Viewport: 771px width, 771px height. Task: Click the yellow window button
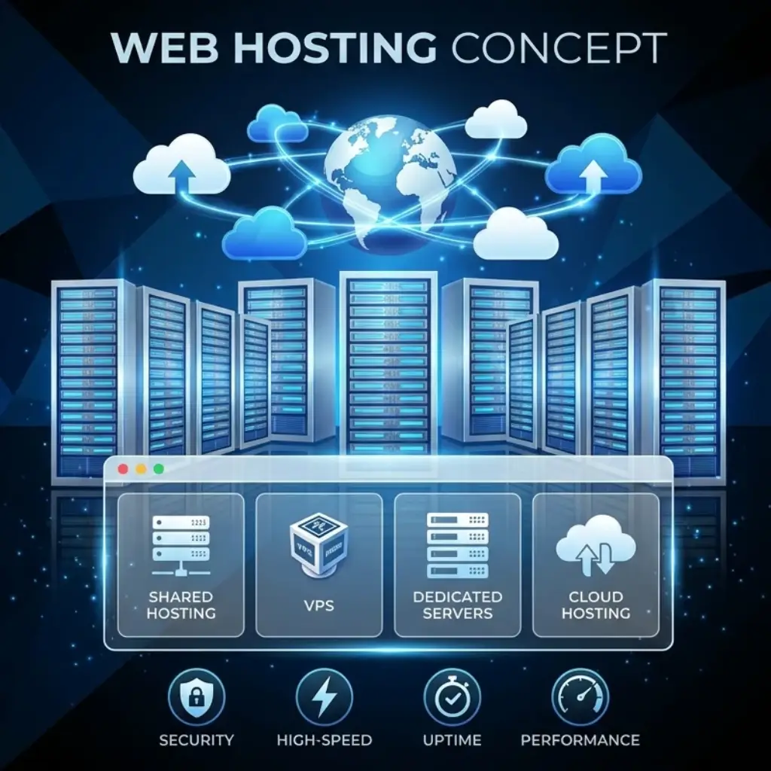(141, 469)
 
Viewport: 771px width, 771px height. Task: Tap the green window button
(158, 469)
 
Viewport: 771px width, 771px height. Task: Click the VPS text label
(319, 605)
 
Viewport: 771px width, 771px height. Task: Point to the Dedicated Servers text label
(457, 605)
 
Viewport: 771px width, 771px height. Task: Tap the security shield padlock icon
(196, 696)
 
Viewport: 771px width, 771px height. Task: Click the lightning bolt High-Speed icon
(324, 696)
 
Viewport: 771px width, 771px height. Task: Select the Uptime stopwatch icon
(452, 696)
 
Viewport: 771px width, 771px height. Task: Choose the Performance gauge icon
(580, 696)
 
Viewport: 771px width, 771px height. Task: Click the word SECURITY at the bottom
(197, 740)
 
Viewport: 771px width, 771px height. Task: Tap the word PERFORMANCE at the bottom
(580, 740)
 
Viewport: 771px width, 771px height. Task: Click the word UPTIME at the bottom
(452, 740)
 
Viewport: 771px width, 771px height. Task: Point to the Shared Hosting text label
(181, 605)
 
